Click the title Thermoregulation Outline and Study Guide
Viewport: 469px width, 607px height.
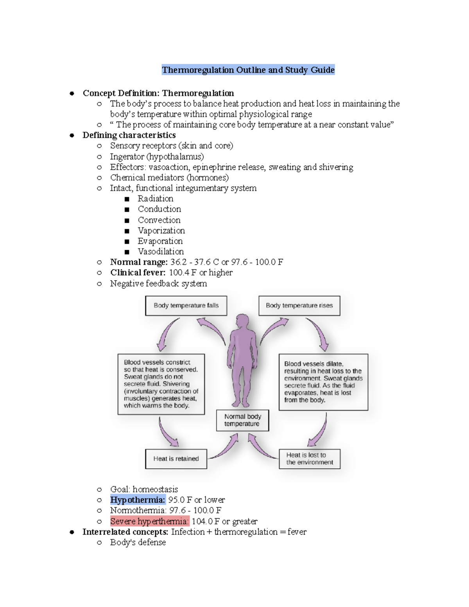(x=248, y=70)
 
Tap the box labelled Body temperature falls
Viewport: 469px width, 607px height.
(x=186, y=306)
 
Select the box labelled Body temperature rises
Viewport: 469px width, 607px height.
(x=299, y=306)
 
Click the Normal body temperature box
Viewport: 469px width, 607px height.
(x=242, y=420)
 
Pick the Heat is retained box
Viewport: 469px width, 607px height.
(x=176, y=459)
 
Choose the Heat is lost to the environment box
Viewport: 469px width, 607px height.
(x=310, y=459)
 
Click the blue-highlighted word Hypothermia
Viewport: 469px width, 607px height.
(x=138, y=500)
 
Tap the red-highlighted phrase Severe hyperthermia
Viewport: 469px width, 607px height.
(x=149, y=521)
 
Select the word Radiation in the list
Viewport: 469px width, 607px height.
(x=155, y=199)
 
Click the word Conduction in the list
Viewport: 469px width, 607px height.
(x=159, y=209)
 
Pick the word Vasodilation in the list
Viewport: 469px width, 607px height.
(x=161, y=252)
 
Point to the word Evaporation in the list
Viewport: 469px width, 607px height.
(x=160, y=241)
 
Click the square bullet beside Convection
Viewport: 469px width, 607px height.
(x=127, y=220)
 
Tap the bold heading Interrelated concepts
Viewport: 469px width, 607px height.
(x=125, y=532)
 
